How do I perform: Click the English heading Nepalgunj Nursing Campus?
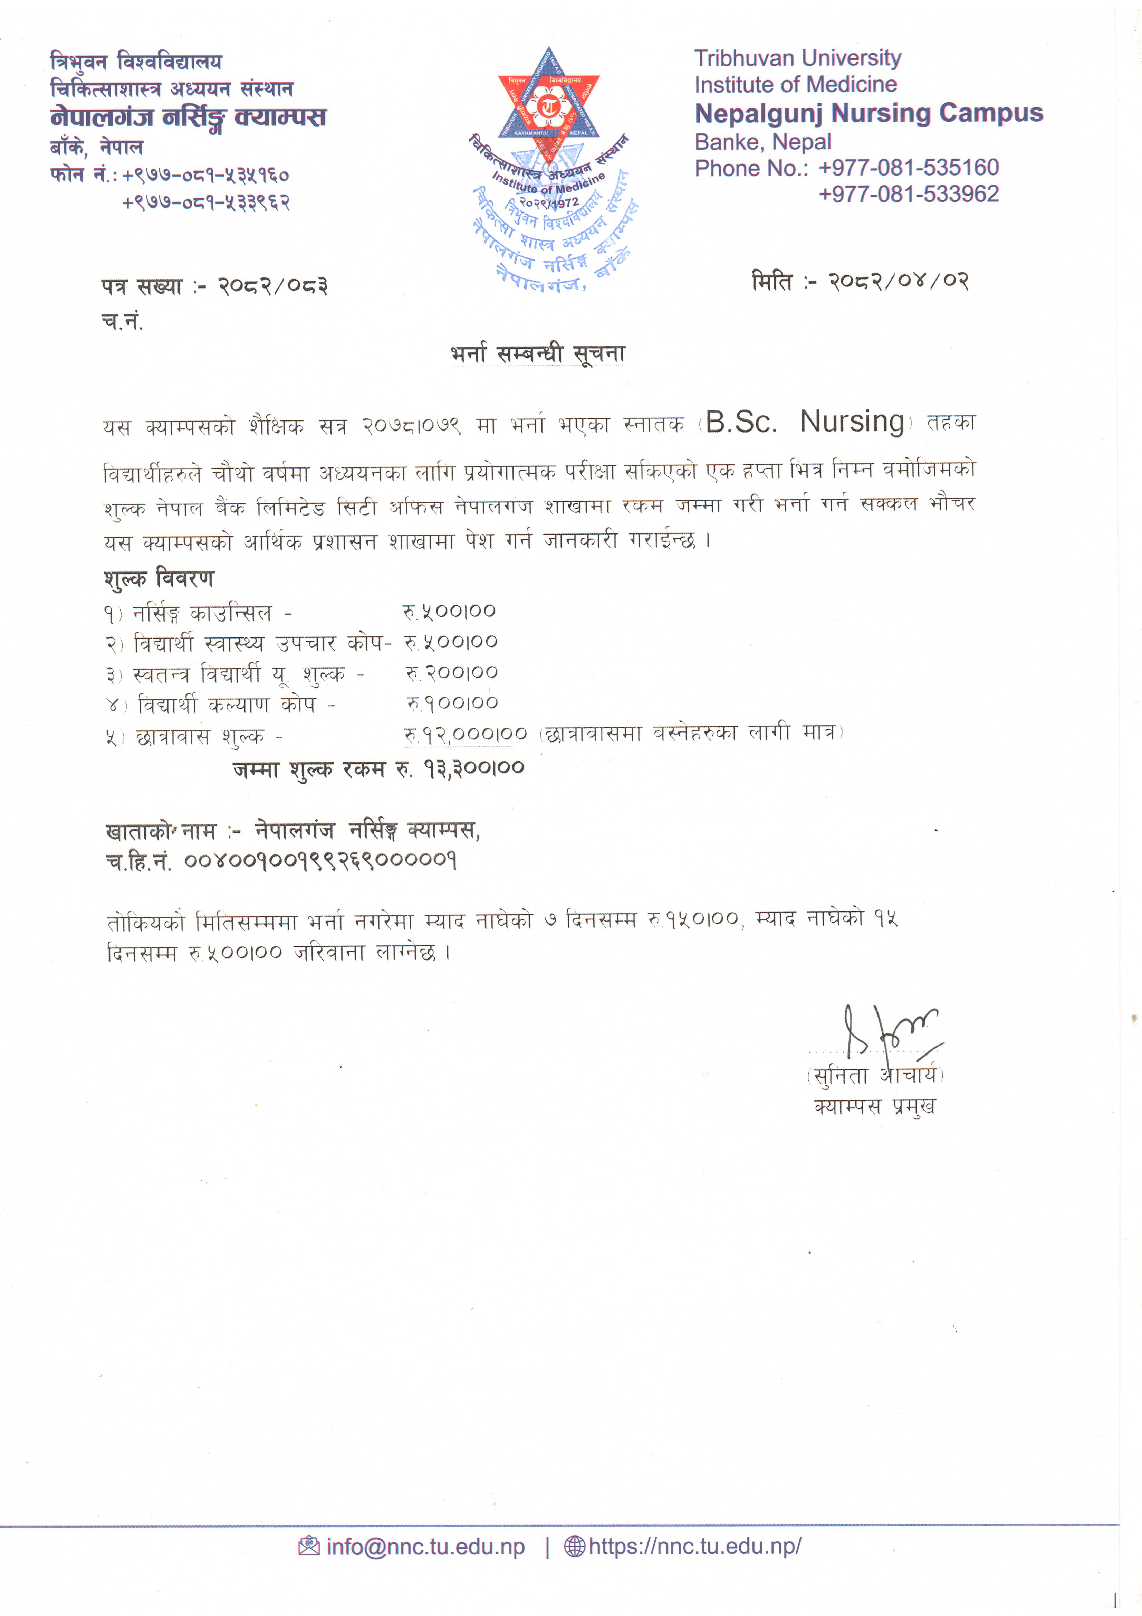[x=868, y=113]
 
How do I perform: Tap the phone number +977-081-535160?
[x=909, y=168]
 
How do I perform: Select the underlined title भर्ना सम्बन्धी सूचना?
[x=538, y=353]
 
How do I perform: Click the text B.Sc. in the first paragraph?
[x=741, y=422]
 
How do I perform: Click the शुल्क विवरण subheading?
[x=159, y=578]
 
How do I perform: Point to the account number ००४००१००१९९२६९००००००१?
[x=320, y=860]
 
